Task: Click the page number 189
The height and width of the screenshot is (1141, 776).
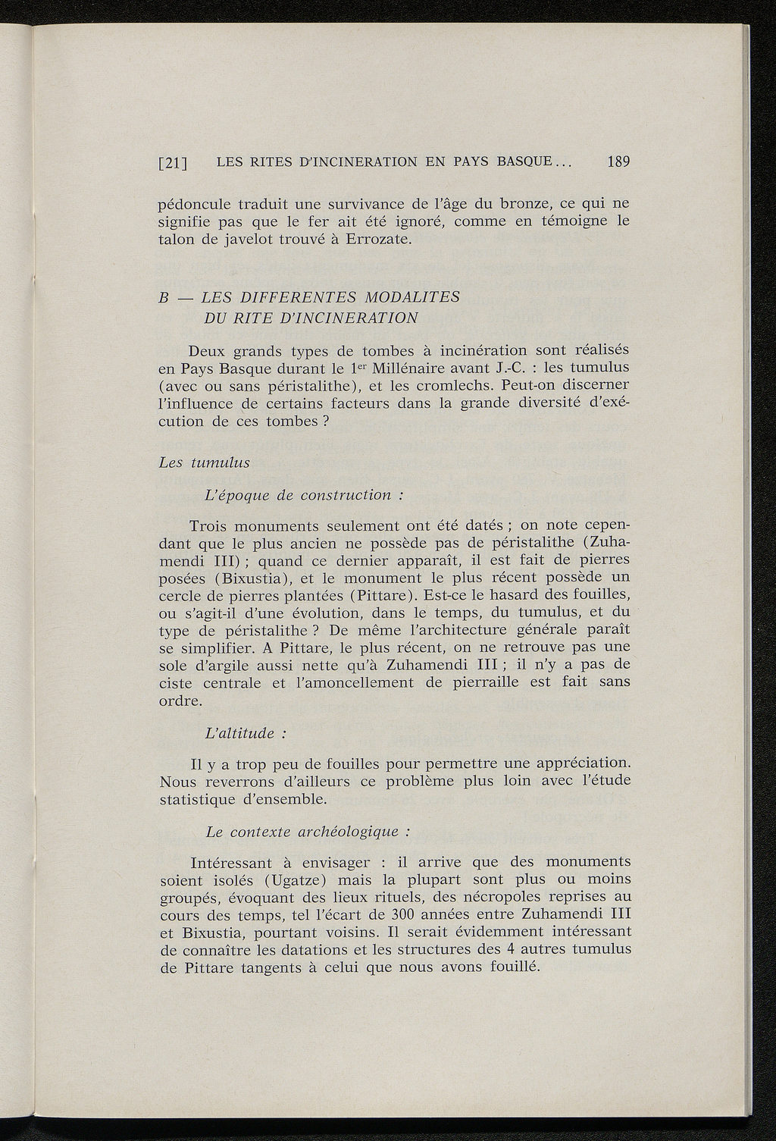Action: (618, 161)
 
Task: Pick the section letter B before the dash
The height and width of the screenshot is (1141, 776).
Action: (162, 297)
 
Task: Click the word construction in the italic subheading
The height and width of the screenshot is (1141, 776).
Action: (345, 495)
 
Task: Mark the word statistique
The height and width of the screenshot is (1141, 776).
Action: (199, 799)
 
